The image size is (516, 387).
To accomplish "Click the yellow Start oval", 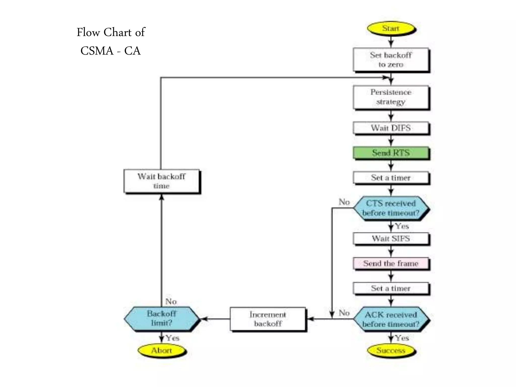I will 391,28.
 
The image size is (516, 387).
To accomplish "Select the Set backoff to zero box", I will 391,59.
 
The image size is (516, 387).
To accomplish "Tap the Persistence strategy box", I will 391,97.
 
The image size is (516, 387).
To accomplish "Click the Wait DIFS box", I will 391,128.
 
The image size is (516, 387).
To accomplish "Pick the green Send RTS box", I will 391,153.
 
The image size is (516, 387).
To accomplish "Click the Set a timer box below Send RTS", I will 391,178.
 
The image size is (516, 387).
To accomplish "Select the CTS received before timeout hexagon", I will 391,208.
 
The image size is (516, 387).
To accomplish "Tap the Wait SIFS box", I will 391,238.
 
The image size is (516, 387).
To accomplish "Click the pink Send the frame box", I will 391,263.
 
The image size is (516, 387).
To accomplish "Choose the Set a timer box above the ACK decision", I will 391,288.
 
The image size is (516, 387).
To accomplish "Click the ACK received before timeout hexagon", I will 391,319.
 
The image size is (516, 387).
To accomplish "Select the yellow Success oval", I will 391,350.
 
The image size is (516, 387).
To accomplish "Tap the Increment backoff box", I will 268,319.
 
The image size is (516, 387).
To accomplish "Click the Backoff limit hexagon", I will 162,318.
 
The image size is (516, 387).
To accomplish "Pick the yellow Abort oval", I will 162,350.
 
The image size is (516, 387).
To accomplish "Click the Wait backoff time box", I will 162,181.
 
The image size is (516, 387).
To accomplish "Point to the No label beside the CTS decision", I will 344,202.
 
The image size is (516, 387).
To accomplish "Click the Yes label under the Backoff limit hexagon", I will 173,338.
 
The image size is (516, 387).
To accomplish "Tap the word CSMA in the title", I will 97,51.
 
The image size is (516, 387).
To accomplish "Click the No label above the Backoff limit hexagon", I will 171,301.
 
